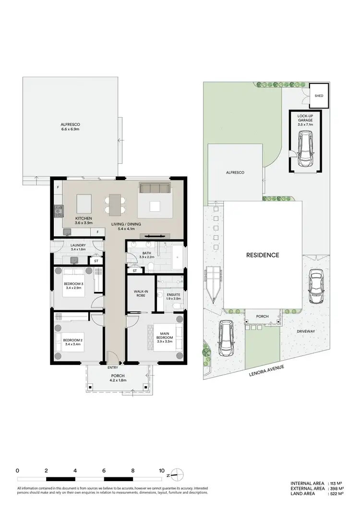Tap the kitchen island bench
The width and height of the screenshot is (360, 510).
(x=84, y=203)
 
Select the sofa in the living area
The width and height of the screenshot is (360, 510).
(x=155, y=188)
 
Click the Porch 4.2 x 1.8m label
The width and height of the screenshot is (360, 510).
(x=118, y=377)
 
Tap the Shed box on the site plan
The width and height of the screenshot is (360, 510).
(x=319, y=96)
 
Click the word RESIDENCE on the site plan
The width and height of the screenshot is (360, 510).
(x=263, y=255)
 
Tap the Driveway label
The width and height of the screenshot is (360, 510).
(x=305, y=331)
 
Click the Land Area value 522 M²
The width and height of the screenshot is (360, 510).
(x=336, y=493)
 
